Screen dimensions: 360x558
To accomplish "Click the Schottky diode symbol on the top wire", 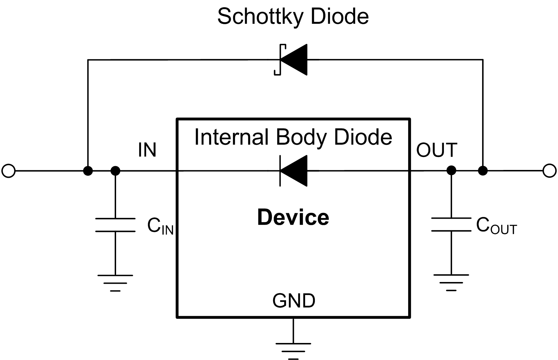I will click(292, 60).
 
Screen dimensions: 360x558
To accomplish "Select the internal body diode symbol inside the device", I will click(293, 171).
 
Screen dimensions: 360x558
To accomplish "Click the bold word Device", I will click(293, 218).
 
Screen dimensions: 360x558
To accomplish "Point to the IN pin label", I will click(147, 150).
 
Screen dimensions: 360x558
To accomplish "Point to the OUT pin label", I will click(436, 150).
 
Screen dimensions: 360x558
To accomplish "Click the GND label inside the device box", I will click(294, 300).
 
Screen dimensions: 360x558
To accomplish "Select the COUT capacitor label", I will click(496, 226).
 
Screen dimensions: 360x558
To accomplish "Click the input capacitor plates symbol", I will click(115, 225).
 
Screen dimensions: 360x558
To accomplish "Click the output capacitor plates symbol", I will click(451, 224).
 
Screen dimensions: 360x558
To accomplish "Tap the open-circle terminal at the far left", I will click(9, 171).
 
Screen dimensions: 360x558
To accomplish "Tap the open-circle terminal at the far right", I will click(549, 171).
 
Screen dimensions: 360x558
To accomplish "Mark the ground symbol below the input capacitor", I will click(115, 283).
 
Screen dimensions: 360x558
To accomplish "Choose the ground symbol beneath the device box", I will click(293, 351).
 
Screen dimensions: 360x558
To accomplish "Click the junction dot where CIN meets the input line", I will click(115, 171).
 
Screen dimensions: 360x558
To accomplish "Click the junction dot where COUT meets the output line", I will click(451, 170).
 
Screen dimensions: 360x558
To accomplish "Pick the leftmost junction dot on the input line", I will click(88, 171).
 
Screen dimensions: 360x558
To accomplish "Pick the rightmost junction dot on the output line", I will click(482, 171).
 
